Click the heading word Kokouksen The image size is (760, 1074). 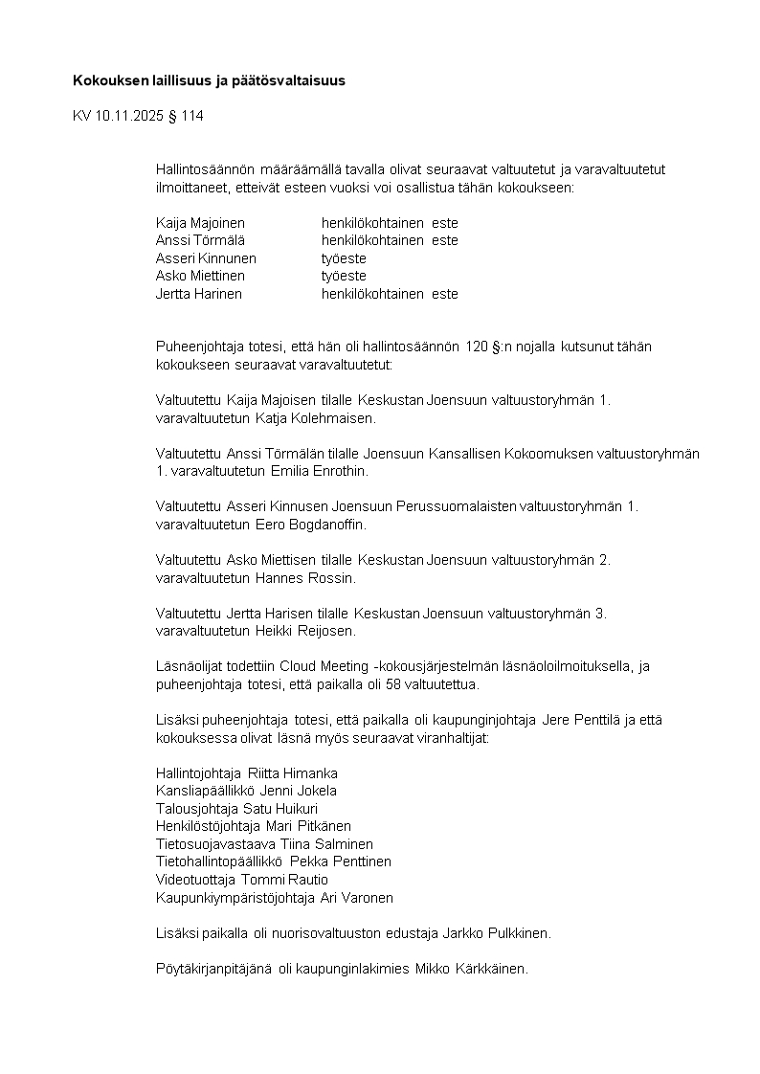coord(107,81)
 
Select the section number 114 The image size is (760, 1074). coord(192,117)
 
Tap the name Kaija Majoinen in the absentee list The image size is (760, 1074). coord(200,223)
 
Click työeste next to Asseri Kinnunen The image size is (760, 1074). coord(344,258)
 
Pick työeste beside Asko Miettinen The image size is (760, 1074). coord(344,276)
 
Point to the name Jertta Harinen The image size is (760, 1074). coord(199,294)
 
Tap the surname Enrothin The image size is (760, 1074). coord(333,472)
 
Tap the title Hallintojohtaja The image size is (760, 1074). coord(198,772)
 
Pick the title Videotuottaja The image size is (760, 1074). coord(195,879)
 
